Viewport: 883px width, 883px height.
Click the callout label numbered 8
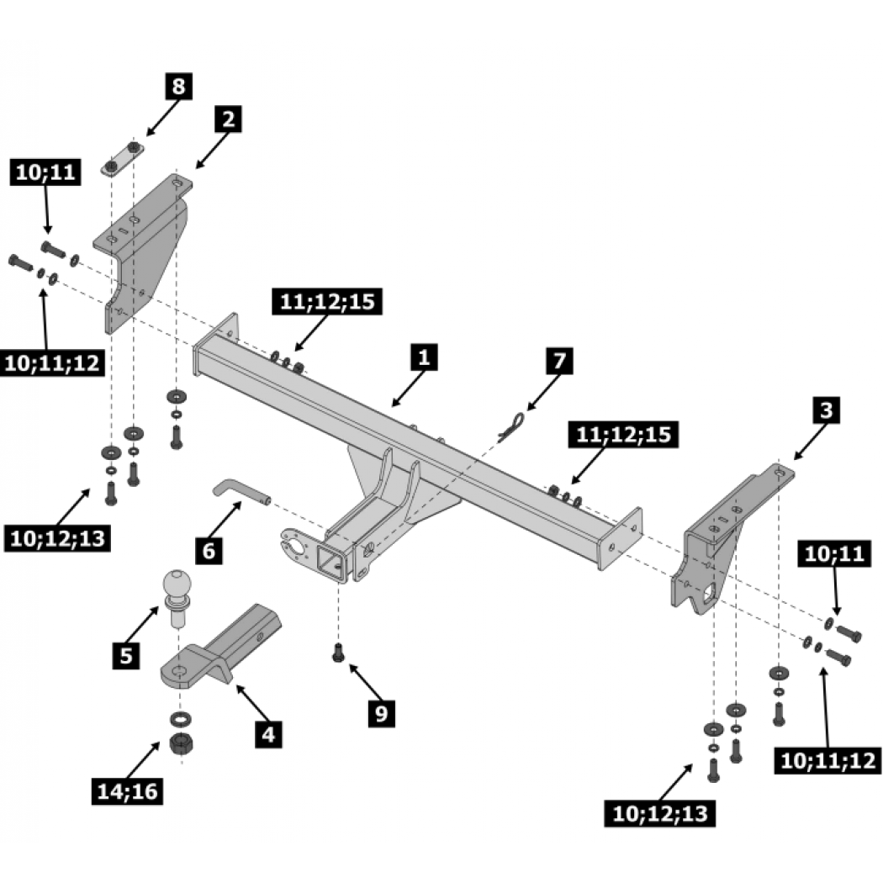click(178, 86)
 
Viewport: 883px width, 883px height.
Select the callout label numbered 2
click(228, 119)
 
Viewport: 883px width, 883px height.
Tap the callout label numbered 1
click(424, 357)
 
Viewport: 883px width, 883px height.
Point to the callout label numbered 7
click(559, 361)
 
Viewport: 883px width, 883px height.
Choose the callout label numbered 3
click(826, 410)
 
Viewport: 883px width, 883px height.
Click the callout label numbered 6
click(209, 550)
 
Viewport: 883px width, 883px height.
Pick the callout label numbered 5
click(126, 655)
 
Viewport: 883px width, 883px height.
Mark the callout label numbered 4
click(268, 734)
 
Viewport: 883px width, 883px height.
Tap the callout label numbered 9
click(381, 713)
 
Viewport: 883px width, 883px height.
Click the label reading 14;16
click(127, 791)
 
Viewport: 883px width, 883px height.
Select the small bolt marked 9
click(338, 653)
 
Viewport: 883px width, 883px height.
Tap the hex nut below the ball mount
click(182, 746)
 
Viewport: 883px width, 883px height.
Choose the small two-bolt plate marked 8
click(122, 159)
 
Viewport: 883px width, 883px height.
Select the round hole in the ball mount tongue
click(180, 671)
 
